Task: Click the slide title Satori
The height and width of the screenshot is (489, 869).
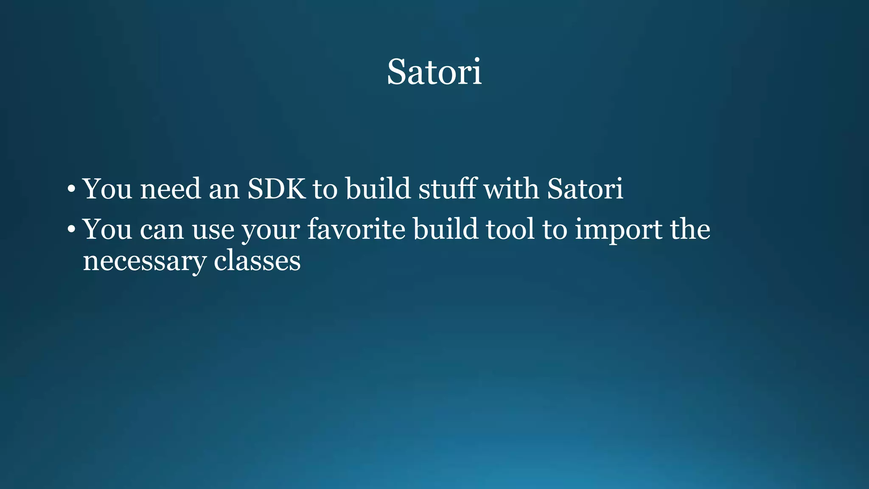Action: [434, 72]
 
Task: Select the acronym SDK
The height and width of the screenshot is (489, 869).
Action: [276, 188]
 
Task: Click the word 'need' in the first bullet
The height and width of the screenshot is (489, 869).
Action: [170, 188]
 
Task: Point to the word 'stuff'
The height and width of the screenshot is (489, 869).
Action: [447, 188]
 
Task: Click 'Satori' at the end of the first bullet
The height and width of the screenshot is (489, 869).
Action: [585, 188]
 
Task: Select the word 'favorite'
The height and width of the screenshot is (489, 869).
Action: [356, 229]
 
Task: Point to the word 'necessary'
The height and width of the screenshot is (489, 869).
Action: [144, 261]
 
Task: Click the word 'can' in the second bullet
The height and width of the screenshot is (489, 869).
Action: [162, 230]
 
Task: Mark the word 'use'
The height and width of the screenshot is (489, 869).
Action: [213, 230]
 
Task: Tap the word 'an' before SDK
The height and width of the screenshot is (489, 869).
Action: [224, 189]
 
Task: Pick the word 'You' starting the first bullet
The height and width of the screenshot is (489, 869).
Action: [107, 188]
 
